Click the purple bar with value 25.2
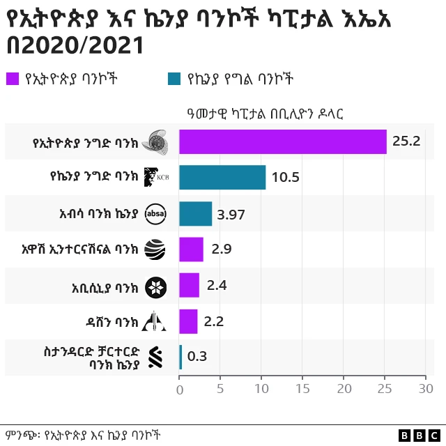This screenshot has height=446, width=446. [282, 141]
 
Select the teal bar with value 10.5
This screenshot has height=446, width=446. [222, 177]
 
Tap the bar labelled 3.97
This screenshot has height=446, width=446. [196, 213]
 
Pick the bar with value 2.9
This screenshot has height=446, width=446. [191, 249]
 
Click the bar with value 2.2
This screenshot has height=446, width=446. [188, 322]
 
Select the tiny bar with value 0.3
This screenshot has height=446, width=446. [180, 357]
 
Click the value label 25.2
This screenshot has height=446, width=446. [406, 141]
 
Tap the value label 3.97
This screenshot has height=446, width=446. [231, 214]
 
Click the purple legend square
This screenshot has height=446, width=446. [12, 79]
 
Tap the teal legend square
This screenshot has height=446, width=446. [174, 79]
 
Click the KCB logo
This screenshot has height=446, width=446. [155, 178]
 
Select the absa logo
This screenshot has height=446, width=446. [155, 214]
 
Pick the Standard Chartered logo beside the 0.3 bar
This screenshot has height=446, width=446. [155, 357]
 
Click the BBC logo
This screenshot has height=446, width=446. [420, 435]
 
